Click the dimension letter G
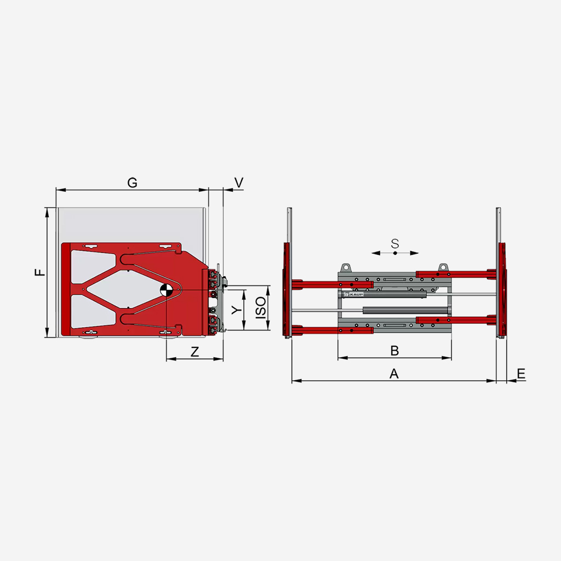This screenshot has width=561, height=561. (x=133, y=183)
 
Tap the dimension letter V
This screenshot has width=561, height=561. (x=239, y=182)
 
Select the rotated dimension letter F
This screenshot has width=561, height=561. (x=40, y=272)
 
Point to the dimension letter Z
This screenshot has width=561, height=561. (x=194, y=352)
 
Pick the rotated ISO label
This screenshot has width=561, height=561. (x=261, y=308)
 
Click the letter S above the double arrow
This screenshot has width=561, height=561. (x=394, y=244)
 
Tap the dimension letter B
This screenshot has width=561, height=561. (x=394, y=351)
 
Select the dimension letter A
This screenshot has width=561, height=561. (x=394, y=374)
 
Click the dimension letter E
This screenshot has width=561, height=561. (x=522, y=374)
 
